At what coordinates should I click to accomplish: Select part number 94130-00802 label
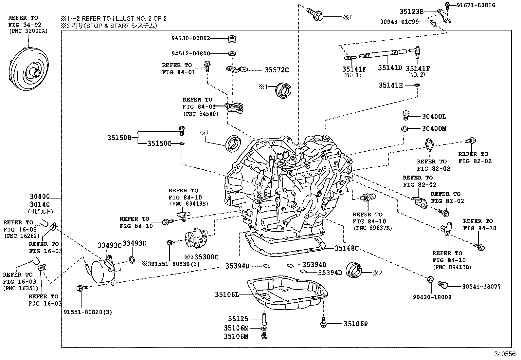click(x=190, y=38)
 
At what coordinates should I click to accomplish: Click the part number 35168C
click(x=347, y=248)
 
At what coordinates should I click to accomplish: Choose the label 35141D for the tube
click(x=390, y=68)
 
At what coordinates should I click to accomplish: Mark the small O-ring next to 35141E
click(x=417, y=85)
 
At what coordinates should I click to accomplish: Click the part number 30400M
click(x=434, y=129)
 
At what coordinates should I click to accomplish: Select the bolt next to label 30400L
click(x=406, y=115)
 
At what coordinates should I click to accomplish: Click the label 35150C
click(x=159, y=143)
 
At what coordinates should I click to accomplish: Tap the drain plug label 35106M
click(x=236, y=336)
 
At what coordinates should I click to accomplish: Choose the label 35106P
click(x=356, y=324)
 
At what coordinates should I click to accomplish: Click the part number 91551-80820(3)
click(x=88, y=312)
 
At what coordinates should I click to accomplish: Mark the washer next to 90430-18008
click(x=431, y=279)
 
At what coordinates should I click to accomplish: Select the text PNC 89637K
click(x=372, y=228)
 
